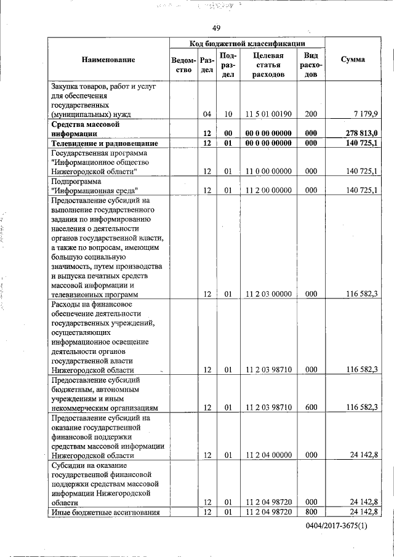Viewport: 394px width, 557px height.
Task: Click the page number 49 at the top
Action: (216, 28)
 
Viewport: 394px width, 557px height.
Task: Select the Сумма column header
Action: (352, 59)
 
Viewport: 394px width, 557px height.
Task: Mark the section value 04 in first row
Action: (207, 114)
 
